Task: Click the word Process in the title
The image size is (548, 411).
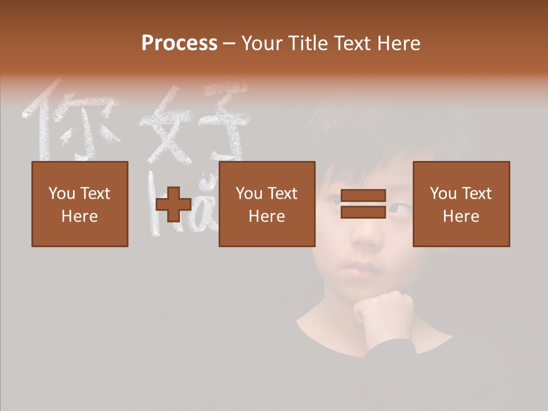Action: coord(179,43)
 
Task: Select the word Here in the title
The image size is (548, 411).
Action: coord(399,43)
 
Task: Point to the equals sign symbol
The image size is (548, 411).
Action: coord(363,204)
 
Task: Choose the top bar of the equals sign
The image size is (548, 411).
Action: coord(363,196)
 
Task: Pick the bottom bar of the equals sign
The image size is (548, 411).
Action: coord(363,212)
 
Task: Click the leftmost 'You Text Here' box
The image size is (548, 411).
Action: coord(80,204)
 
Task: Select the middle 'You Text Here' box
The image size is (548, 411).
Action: coord(267,204)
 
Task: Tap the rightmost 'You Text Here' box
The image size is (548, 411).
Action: coord(461,204)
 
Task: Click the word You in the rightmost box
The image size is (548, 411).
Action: coord(442,194)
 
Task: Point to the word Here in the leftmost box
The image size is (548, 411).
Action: coord(80,216)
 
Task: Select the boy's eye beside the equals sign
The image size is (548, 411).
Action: coord(398,209)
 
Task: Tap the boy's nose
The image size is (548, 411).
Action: coord(365,240)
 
